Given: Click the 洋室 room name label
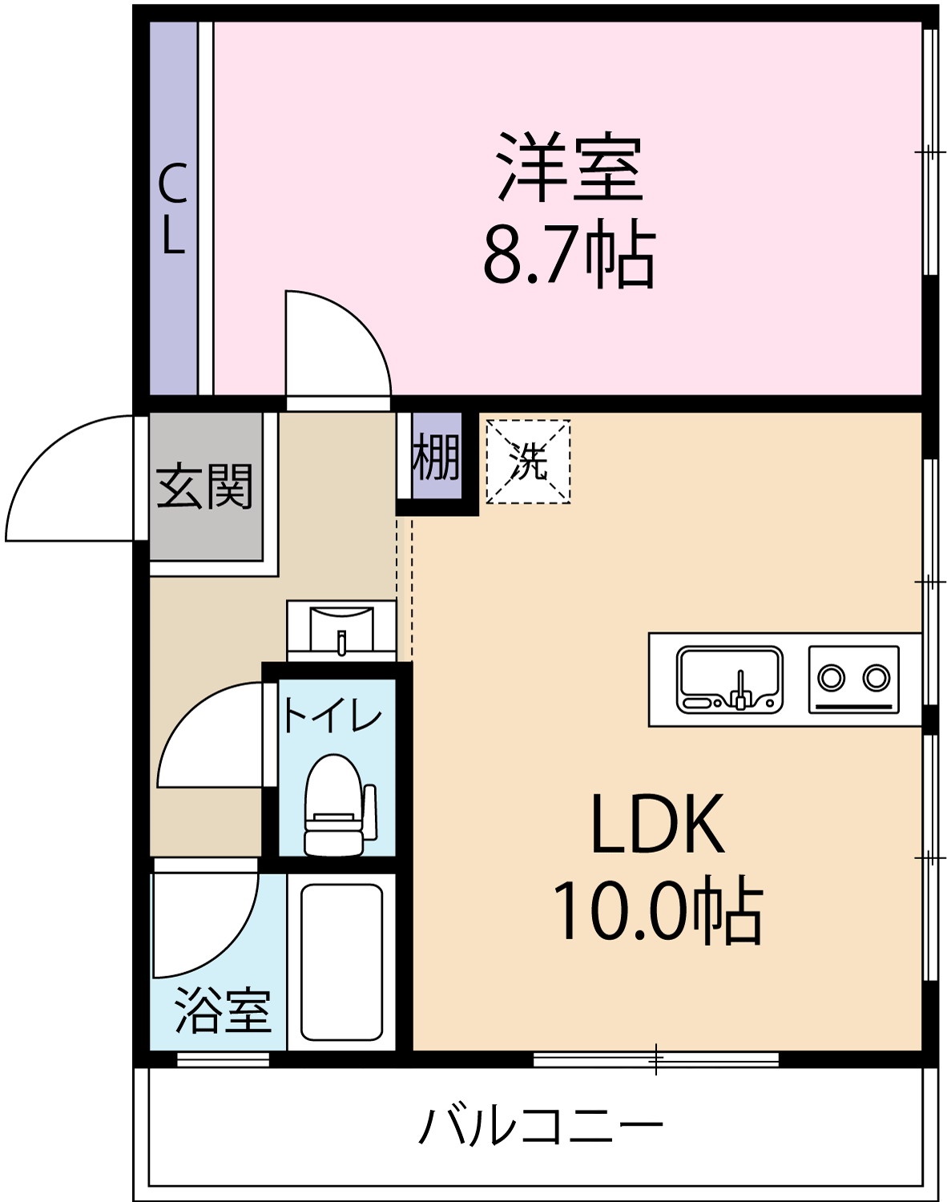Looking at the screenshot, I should [570, 167].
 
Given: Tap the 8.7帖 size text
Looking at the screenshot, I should [570, 255].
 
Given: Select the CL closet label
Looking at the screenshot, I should [173, 208].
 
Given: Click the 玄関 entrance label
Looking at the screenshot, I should [205, 486].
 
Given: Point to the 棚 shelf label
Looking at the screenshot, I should [437, 457].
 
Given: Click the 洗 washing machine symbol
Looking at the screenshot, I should [529, 462].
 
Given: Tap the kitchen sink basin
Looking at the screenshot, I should [729, 680].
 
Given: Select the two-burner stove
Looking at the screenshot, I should [853, 680].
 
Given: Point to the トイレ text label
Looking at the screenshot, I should [332, 716].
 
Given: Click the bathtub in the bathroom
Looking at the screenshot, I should [341, 962].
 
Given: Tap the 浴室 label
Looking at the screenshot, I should [223, 1010].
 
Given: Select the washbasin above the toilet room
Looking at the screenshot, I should [342, 628].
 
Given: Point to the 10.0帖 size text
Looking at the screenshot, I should [657, 912].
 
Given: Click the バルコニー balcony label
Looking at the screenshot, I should [542, 1125].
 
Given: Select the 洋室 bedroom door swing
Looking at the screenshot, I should [336, 345].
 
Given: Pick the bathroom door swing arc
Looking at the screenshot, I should [204, 922].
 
